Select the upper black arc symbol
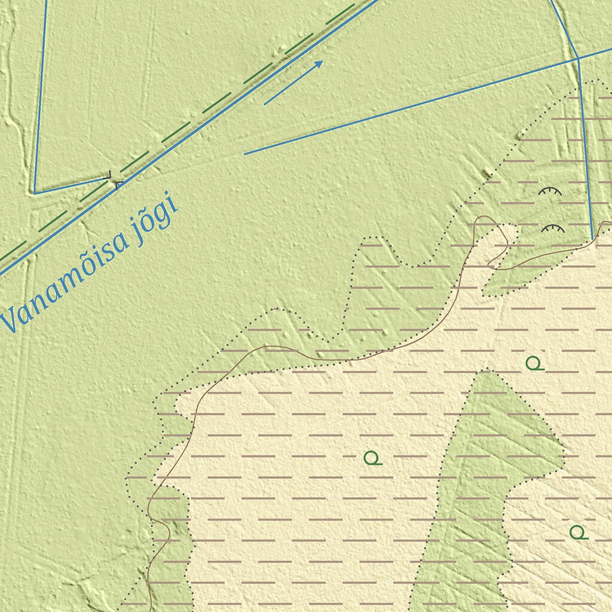point(550,192)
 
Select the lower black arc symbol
point(553,228)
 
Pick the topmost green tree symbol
point(534,363)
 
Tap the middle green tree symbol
point(372,458)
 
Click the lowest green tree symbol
point(577,532)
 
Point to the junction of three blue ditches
point(578,58)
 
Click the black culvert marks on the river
point(114,179)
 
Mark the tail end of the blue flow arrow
point(265,104)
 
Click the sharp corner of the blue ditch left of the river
point(35,193)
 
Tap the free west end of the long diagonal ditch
point(244,154)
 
